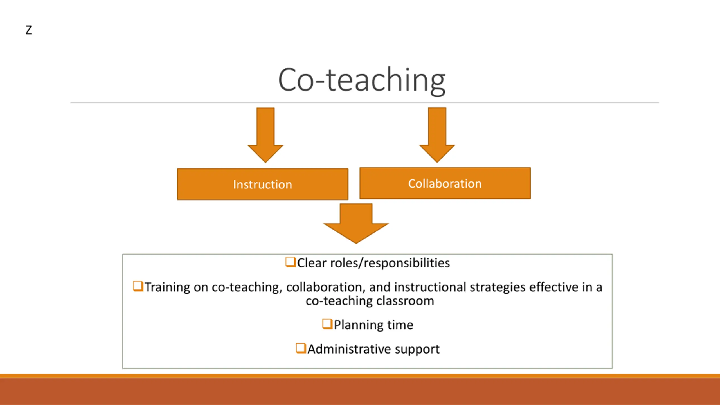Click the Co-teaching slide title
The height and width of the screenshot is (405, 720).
point(362,81)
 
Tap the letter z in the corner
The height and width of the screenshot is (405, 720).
point(29,30)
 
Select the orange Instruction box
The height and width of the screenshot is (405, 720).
point(263,184)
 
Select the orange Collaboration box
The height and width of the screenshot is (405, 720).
point(445,183)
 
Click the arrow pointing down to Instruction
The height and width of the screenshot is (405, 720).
point(265,135)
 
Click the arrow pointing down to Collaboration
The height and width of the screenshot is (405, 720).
point(437,135)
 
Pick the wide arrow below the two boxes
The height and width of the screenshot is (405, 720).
point(356,224)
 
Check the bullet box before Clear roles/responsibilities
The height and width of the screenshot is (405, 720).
point(291,262)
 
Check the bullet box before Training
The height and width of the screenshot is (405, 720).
point(138,286)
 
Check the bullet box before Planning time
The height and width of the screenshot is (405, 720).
point(327,324)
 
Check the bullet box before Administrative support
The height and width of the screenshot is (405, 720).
point(301,348)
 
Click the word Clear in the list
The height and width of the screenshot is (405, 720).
point(312,263)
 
